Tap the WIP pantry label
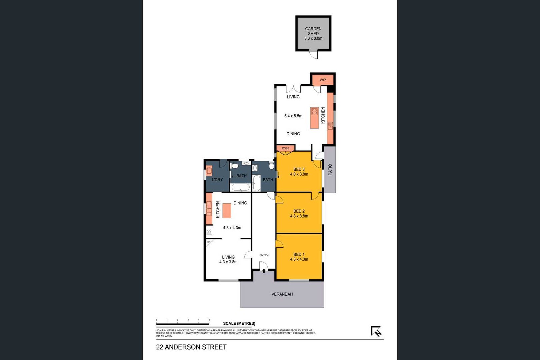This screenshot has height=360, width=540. [323, 80]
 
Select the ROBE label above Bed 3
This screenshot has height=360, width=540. [285, 148]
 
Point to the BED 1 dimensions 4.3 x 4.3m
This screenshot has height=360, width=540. [299, 259]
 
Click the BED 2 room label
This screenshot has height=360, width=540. [299, 211]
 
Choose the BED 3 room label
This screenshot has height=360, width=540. [299, 169]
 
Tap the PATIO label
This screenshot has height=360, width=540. [330, 170]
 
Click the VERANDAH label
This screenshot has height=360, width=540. [282, 294]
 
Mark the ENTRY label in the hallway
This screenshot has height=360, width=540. [264, 255]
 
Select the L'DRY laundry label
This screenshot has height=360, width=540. [217, 180]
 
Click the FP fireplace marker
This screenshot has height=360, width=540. [208, 242]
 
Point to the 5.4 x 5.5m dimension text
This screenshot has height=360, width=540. [293, 116]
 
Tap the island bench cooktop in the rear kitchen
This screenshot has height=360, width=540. [314, 111]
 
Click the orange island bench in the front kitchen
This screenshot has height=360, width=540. [227, 210]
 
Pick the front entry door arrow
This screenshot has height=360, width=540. [264, 271]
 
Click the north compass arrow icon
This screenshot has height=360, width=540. [376, 331]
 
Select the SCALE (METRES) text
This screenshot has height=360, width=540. [239, 323]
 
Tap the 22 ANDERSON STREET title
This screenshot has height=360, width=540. [191, 347]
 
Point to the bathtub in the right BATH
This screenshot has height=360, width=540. [256, 183]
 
